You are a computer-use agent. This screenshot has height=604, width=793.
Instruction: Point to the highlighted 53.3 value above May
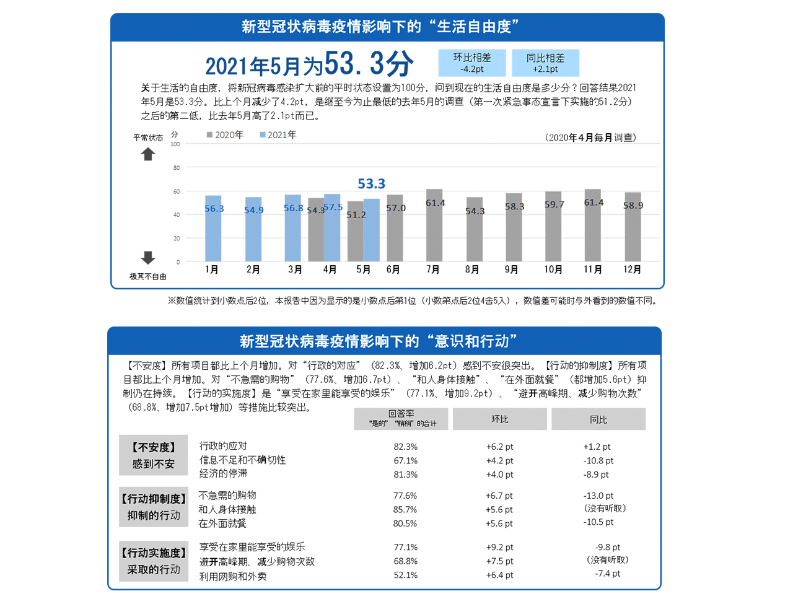click(372, 184)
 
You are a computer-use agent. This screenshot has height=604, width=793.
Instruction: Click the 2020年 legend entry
click(226, 135)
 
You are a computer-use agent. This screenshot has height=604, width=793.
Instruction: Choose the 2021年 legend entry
click(278, 135)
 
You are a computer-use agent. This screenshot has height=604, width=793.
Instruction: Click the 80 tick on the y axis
click(177, 168)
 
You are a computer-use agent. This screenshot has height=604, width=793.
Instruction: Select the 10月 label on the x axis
click(553, 269)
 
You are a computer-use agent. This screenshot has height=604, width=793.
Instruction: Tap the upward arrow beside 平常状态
click(147, 154)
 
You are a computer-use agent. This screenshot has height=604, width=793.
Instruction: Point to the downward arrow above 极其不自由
click(147, 258)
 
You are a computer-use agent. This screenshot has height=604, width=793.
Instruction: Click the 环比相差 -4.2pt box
click(472, 63)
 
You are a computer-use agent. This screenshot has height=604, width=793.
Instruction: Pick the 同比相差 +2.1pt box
click(546, 63)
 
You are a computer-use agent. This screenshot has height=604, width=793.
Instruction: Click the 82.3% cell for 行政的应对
click(406, 447)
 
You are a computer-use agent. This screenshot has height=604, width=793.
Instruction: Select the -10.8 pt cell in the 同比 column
click(598, 461)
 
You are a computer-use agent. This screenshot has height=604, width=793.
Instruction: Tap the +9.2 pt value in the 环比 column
click(500, 548)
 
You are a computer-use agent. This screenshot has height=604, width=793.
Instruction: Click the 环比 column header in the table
click(500, 419)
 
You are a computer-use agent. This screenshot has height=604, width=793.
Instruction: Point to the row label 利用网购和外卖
click(233, 577)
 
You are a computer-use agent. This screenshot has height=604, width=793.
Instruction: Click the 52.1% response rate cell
click(406, 576)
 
